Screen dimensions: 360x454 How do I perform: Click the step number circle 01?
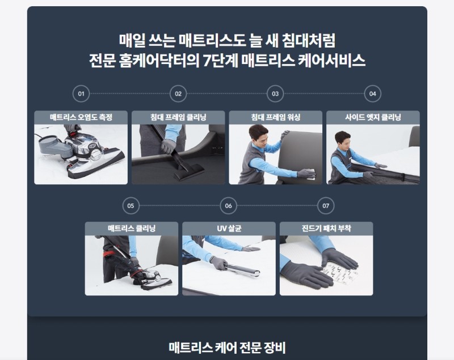point(81,94)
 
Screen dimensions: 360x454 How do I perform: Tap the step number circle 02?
point(178,94)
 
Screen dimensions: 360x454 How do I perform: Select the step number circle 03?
point(275,94)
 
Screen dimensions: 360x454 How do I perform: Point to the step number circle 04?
point(373,94)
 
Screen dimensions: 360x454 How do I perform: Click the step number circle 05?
point(131,205)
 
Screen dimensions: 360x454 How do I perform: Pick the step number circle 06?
point(228,205)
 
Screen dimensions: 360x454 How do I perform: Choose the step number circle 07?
point(325,205)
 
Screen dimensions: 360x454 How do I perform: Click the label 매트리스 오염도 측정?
point(81,117)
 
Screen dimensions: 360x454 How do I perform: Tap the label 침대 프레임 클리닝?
point(178,117)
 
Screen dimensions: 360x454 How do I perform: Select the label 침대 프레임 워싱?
point(275,117)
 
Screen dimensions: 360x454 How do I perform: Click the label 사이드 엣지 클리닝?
point(373,117)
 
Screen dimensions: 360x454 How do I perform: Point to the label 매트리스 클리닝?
point(132,228)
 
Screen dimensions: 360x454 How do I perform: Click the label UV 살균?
point(229,228)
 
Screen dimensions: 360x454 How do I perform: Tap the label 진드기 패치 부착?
point(326,228)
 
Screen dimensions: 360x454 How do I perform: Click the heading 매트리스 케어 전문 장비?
point(227,346)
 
